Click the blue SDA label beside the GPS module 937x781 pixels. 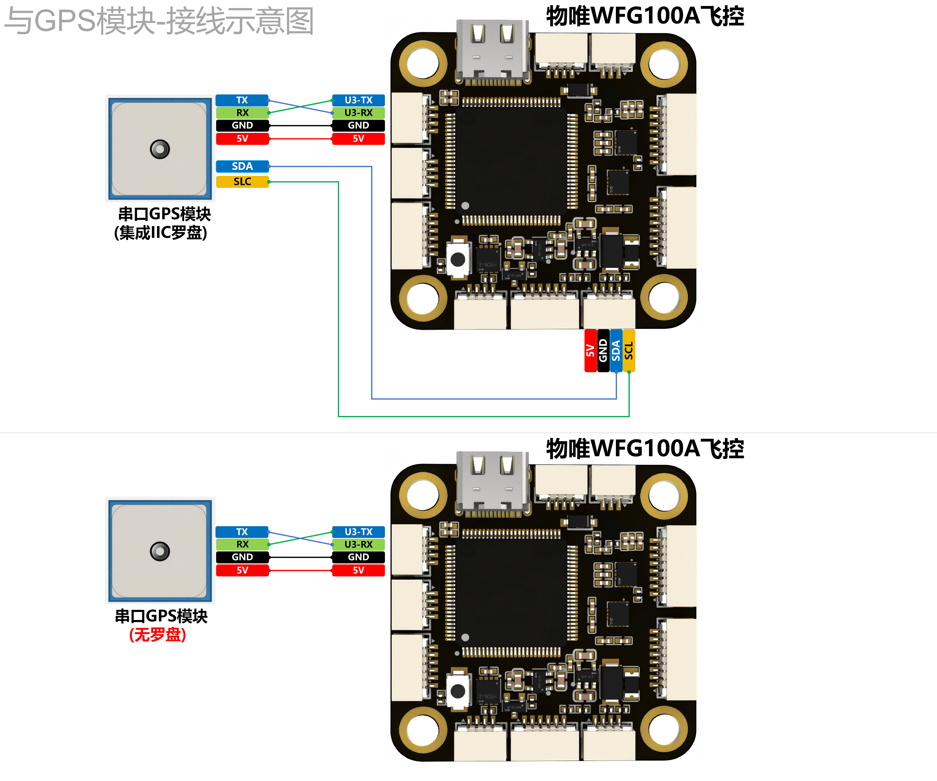242,166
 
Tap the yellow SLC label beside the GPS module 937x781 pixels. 242,182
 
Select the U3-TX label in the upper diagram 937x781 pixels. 358,100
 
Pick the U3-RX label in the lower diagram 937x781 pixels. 358,545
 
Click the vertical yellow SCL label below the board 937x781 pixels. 629,351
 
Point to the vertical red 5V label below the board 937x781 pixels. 590,351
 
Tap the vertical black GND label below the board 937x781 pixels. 603,351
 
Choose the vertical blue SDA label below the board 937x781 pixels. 616,351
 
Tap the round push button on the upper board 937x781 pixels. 458,259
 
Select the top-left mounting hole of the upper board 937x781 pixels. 423,62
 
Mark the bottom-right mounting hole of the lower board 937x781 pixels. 663,729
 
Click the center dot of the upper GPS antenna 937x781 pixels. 160,149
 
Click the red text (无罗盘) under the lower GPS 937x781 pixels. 157,635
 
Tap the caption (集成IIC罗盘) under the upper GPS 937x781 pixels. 161,233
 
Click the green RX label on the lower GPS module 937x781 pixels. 242,545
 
